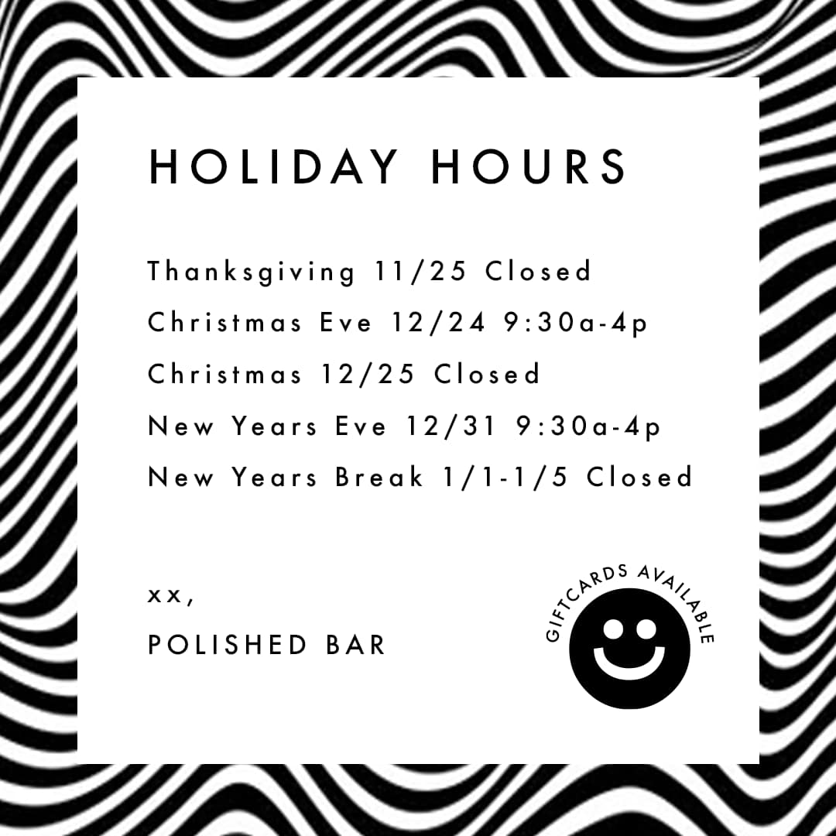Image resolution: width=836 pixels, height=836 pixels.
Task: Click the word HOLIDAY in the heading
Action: [273, 166]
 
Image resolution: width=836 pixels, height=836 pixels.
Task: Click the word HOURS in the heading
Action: [529, 166]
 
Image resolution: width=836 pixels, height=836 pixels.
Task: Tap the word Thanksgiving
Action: [251, 272]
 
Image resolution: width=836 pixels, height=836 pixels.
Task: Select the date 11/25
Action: [420, 271]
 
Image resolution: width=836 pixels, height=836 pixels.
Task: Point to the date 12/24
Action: [439, 322]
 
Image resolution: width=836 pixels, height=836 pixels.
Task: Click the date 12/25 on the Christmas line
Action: [368, 373]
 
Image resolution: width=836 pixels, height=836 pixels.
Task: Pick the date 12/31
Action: [452, 426]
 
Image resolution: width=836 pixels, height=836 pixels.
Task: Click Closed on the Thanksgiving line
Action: [538, 271]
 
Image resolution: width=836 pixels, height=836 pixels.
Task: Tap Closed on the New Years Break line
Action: [639, 477]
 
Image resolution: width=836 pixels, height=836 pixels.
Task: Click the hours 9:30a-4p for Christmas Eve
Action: [576, 323]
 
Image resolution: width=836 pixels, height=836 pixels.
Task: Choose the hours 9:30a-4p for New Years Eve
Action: [589, 427]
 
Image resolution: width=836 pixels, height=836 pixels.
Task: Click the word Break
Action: [379, 477]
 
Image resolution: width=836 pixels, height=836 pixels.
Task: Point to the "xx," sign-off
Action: [170, 596]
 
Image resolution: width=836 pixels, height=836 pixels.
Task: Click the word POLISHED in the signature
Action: [228, 644]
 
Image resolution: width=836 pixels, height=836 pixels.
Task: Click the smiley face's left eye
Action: [612, 629]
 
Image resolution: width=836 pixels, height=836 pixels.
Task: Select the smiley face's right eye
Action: [646, 629]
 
